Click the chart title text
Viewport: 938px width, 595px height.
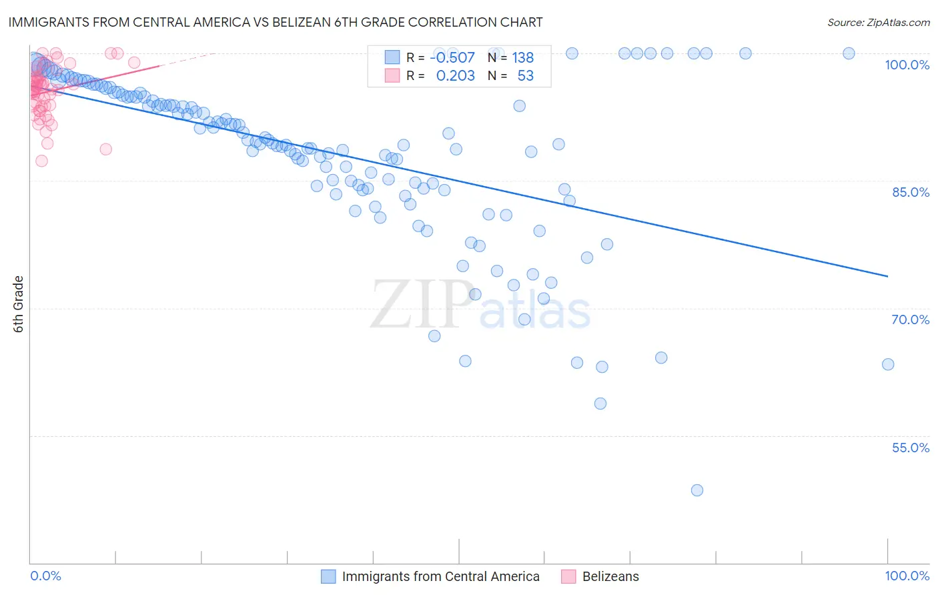tap(276, 22)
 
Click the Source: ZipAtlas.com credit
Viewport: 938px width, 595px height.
tap(878, 22)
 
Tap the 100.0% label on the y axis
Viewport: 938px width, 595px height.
tap(907, 65)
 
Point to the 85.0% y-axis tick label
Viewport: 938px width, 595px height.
tap(910, 192)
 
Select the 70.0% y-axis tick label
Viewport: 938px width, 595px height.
tap(910, 320)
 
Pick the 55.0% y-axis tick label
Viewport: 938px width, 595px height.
tap(910, 448)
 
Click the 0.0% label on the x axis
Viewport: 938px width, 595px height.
tap(45, 576)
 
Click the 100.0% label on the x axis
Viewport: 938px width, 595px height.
tap(907, 576)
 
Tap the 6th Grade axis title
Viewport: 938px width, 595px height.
tap(19, 304)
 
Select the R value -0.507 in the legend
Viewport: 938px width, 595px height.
tap(452, 58)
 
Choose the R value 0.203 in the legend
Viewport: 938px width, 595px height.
tap(455, 76)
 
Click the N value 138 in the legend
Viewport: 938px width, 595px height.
tap(523, 58)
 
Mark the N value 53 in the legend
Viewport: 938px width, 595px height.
tap(526, 76)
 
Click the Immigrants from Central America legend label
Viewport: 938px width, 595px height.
tap(440, 576)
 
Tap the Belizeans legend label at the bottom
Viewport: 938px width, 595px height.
tap(610, 576)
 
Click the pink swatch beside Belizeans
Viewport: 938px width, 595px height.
tap(568, 576)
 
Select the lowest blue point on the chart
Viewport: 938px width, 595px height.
tap(697, 490)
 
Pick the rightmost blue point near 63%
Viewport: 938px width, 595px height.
tap(888, 364)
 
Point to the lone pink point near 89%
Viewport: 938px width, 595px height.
tap(105, 149)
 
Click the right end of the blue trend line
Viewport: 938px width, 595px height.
tap(887, 276)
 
